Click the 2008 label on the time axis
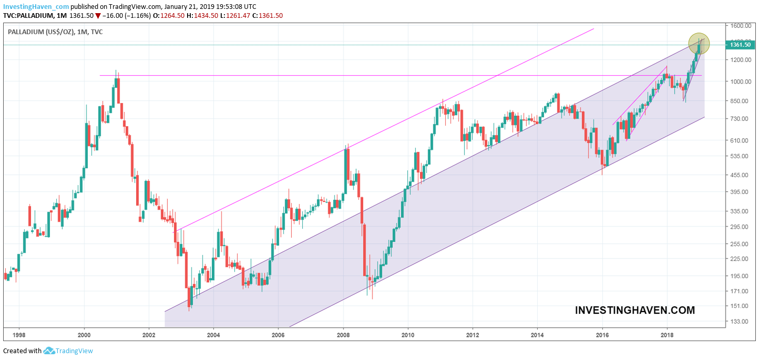click(343, 334)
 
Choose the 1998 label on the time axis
click(19, 334)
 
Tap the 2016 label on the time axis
click(602, 334)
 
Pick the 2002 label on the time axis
click(149, 334)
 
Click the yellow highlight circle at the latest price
click(699, 44)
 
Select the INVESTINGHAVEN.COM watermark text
click(635, 310)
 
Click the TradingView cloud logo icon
click(49, 351)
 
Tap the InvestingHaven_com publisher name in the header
click(36, 6)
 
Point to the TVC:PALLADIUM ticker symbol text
click(28, 16)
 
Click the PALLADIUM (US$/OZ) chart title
click(40, 32)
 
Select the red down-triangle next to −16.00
click(98, 16)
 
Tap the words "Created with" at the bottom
click(22, 351)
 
